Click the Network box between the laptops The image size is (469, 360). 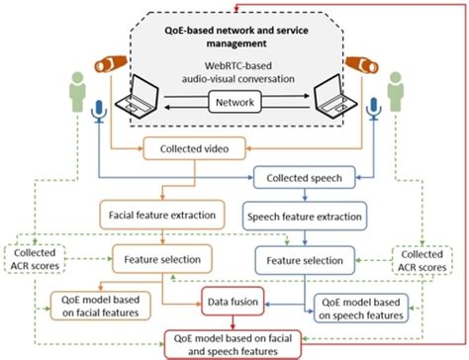tap(234, 101)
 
